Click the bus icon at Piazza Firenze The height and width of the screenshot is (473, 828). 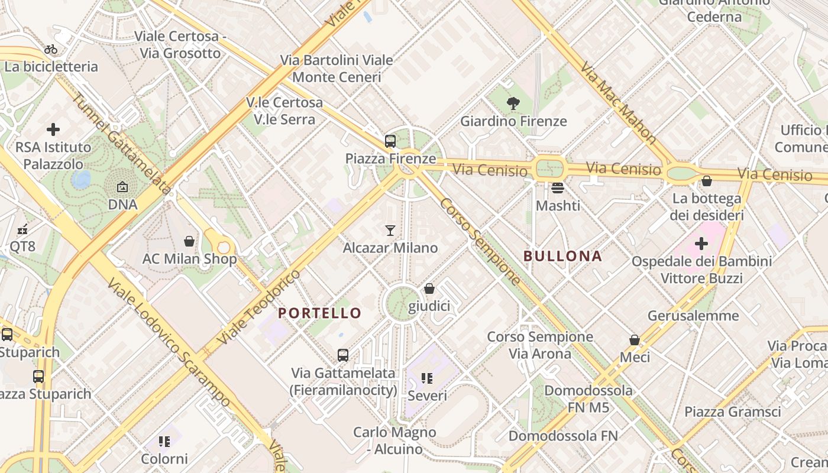[x=390, y=141]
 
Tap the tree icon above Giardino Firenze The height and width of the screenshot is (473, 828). [x=513, y=104]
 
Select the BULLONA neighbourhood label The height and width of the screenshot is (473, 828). [x=562, y=256]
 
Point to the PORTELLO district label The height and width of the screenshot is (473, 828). [x=319, y=313]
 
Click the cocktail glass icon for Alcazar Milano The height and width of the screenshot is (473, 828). [x=390, y=230]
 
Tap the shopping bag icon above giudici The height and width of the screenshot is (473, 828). [x=429, y=289]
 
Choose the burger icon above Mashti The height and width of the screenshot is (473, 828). [x=557, y=188]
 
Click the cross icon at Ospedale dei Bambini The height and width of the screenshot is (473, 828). [x=701, y=243]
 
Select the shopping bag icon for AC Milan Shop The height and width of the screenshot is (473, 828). [x=189, y=241]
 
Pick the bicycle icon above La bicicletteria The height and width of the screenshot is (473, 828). [x=51, y=49]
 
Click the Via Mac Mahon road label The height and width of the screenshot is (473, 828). [x=619, y=102]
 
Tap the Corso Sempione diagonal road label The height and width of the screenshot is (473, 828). [x=480, y=241]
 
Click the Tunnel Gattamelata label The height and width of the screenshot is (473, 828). [x=122, y=144]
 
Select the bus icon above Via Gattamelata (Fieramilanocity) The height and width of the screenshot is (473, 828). [x=342, y=355]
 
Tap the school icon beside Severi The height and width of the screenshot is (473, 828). [x=427, y=378]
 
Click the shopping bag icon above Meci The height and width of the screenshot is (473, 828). [x=634, y=340]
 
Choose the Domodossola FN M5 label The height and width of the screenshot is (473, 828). [x=588, y=399]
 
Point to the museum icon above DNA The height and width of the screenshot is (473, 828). [x=122, y=187]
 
